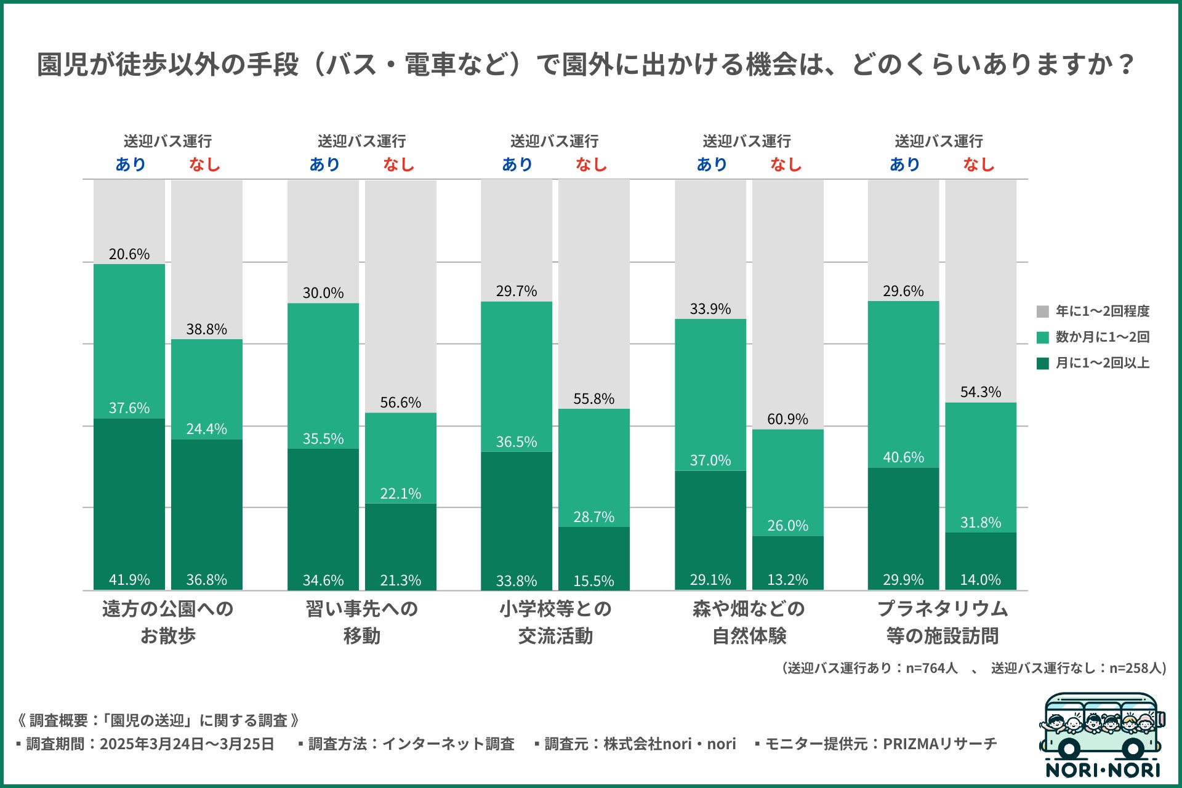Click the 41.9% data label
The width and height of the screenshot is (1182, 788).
point(129,579)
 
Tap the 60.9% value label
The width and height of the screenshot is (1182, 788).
point(787,419)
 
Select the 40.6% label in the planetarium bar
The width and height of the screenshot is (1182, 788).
point(903,457)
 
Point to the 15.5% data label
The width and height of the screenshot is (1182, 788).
point(593,581)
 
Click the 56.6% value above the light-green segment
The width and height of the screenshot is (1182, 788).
point(400,402)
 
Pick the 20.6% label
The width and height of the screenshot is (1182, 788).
point(129,254)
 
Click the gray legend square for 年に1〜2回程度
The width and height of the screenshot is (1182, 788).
point(1043,312)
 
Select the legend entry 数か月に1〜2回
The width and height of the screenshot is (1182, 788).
point(1102,337)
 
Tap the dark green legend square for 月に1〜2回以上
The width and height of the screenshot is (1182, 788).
point(1043,363)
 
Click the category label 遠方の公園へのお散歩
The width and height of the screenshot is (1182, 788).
point(167,622)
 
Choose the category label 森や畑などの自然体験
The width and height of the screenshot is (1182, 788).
point(749,622)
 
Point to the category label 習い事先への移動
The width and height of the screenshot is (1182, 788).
point(361,622)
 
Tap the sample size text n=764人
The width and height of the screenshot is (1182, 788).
point(931,668)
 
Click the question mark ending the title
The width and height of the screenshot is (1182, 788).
point(1127,64)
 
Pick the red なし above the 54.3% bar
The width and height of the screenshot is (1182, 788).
point(979,164)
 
